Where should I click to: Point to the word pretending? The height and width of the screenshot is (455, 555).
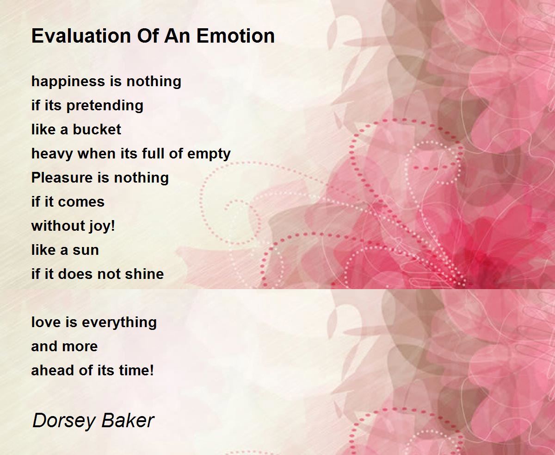[105, 106]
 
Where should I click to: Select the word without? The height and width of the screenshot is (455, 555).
[58, 226]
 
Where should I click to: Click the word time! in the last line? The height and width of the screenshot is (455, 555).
[137, 370]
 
